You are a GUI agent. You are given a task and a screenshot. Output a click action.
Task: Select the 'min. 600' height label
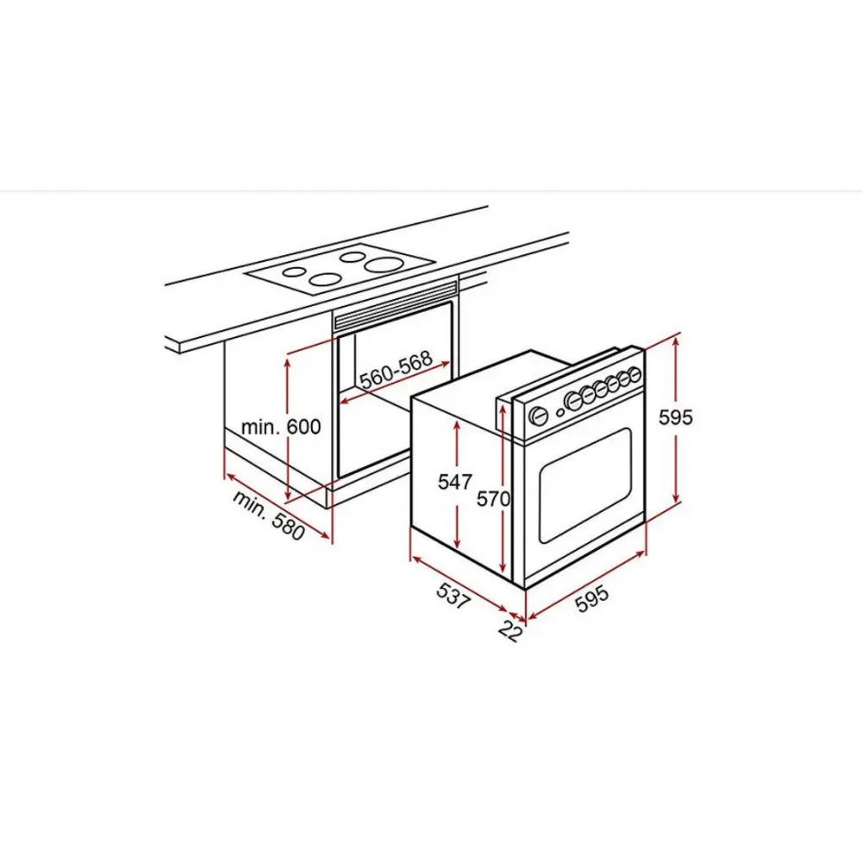pyautogui.click(x=281, y=427)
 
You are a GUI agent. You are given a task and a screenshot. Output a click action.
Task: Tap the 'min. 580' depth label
pyautogui.click(x=269, y=515)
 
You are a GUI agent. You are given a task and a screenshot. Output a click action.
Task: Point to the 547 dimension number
pyautogui.click(x=455, y=482)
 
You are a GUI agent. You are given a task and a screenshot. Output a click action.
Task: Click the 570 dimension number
pyautogui.click(x=493, y=499)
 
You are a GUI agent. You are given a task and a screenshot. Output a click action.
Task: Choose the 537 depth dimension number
pyautogui.click(x=454, y=596)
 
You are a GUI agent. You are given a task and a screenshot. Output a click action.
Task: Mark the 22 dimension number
pyautogui.click(x=510, y=631)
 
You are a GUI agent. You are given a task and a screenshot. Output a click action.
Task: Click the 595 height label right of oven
pyautogui.click(x=676, y=417)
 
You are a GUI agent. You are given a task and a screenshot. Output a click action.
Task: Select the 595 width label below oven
pyautogui.click(x=592, y=598)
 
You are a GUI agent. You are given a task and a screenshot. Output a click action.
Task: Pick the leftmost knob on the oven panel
pyautogui.click(x=539, y=415)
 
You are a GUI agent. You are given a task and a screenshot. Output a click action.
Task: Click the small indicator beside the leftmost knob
pyautogui.click(x=559, y=412)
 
